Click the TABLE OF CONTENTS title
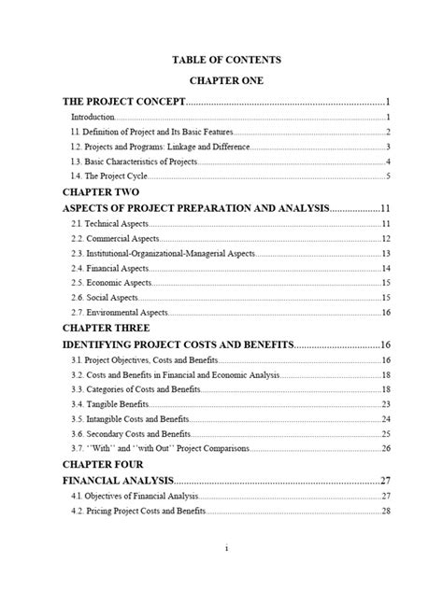click(221, 60)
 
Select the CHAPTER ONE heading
click(221, 81)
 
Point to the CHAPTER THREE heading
click(106, 328)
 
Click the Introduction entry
click(93, 118)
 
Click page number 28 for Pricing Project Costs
click(384, 511)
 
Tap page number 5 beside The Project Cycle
click(387, 176)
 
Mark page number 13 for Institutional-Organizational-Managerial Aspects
click(384, 254)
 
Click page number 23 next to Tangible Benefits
click(384, 404)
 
